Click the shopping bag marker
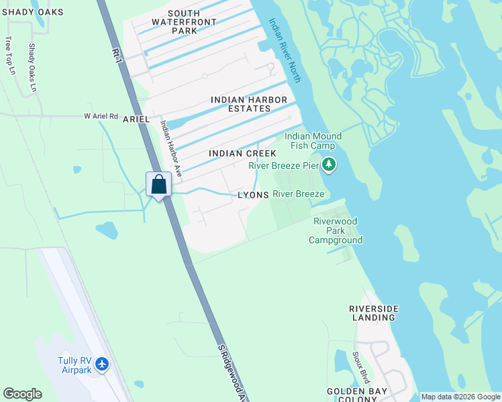pos(158,184)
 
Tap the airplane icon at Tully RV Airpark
pos(102,364)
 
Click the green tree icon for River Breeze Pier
pos(328,164)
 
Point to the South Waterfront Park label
pos(174,22)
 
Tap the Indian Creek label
pos(242,153)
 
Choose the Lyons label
pos(254,195)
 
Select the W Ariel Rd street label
pos(101,116)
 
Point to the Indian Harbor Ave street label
pos(170,148)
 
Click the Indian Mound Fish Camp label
pos(313,141)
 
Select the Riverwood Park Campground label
pos(336,230)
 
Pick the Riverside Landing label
pos(374,313)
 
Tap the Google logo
pos(22,394)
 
